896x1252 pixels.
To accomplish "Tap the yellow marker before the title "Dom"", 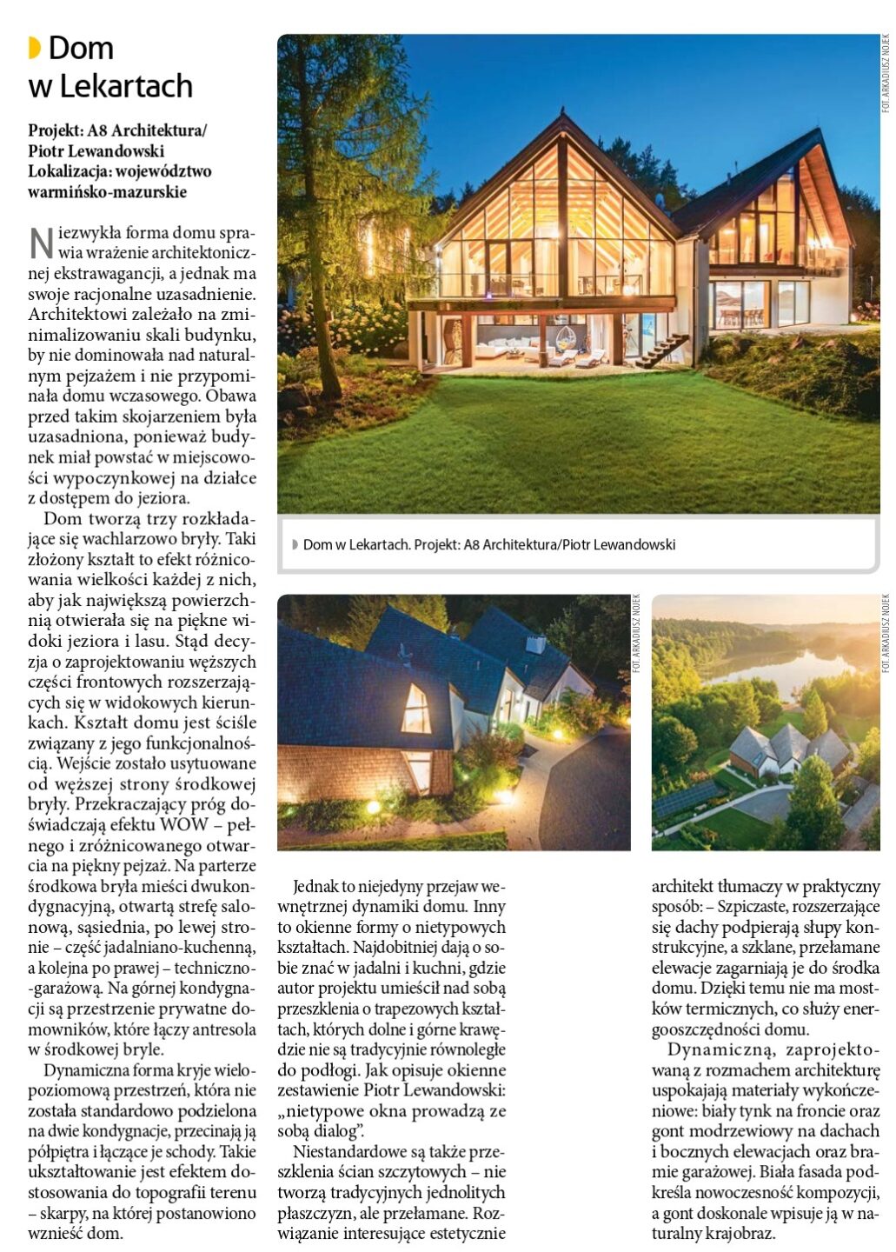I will (35, 48).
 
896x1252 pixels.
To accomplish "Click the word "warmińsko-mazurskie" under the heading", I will (108, 191).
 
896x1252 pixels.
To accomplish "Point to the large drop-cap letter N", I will (41, 243).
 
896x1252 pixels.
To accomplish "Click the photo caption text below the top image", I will (489, 545).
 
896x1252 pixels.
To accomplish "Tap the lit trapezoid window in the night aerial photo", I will (416, 709).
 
